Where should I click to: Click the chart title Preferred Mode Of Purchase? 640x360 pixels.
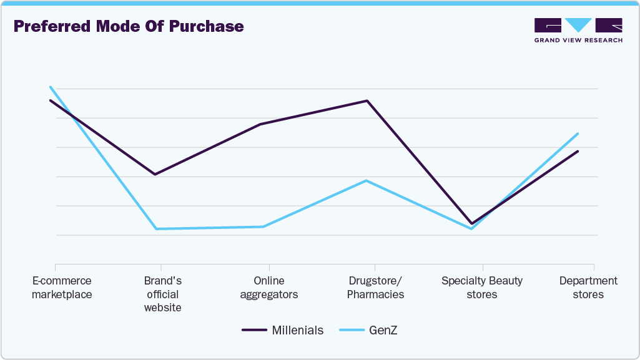tap(128, 27)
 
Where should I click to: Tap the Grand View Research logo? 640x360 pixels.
tap(578, 30)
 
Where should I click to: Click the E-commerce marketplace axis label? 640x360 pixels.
tap(62, 288)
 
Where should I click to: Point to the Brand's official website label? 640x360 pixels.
tap(162, 294)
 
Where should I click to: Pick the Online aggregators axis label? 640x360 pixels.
tap(268, 288)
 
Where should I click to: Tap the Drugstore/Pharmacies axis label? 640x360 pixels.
tap(375, 288)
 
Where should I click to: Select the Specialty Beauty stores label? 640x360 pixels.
tap(481, 288)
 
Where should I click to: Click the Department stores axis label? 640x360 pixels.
tap(588, 288)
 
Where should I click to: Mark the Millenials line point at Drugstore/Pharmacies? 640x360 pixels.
tap(367, 100)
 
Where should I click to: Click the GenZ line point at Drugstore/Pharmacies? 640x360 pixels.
tap(367, 180)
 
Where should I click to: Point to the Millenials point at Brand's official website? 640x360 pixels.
tap(155, 174)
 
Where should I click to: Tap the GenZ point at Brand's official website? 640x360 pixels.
tap(155, 229)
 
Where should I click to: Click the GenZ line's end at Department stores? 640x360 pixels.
tap(578, 134)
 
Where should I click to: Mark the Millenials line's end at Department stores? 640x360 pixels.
tap(578, 151)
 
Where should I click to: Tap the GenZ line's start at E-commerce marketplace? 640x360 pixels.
tap(50, 87)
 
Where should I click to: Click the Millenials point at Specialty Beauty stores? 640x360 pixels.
tap(472, 223)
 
